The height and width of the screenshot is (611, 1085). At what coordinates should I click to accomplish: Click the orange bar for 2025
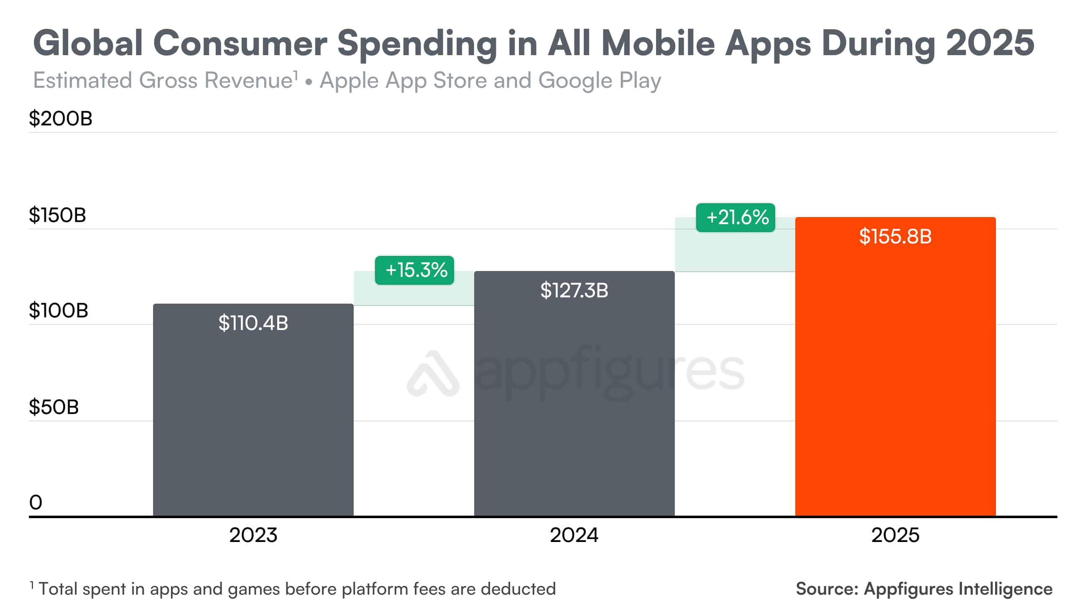(895, 379)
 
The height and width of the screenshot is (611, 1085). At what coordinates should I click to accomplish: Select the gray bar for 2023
(253, 422)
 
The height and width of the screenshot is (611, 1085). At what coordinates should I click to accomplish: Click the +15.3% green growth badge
(414, 270)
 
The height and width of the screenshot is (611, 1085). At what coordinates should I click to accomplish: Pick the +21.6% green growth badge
(735, 217)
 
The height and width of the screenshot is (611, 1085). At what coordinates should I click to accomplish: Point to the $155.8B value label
(895, 236)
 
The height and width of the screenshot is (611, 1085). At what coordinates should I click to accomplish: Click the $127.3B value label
(574, 290)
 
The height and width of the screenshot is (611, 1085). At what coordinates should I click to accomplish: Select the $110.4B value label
(253, 323)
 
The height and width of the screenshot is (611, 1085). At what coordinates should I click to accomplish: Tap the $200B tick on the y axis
(60, 118)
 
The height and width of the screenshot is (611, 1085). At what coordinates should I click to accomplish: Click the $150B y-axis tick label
(57, 215)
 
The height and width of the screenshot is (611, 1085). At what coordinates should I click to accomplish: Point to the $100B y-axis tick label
(59, 311)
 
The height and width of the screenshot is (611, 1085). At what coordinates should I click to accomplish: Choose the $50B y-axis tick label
(54, 407)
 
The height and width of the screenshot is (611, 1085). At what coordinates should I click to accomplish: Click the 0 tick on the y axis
(36, 502)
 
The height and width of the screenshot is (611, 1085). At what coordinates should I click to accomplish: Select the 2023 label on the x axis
(253, 535)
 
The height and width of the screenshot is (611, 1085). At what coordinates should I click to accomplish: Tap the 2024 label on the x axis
(574, 535)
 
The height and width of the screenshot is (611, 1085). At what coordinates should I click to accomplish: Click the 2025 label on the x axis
(895, 535)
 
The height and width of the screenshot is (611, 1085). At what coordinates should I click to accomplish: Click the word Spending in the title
(417, 44)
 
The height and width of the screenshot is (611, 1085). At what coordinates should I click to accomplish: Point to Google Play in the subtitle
(599, 80)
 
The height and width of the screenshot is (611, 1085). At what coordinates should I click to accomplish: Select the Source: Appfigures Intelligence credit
(924, 589)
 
